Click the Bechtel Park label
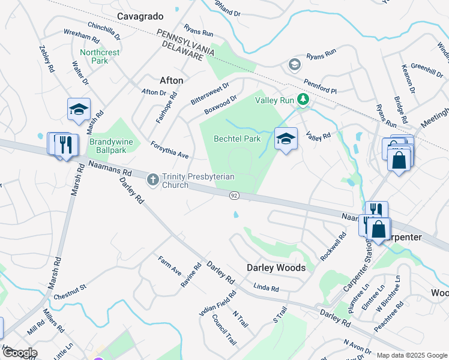pos(237,139)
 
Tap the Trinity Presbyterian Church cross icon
pos(153,178)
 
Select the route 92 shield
pos(234,196)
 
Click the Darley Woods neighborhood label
pos(277,268)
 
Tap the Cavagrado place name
pos(140,16)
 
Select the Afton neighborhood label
pos(172,80)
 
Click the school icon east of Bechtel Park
pos(286,139)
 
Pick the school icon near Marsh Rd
pos(79,110)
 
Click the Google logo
pos(19,353)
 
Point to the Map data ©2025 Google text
pos(411,355)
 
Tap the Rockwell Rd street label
pos(334,247)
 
